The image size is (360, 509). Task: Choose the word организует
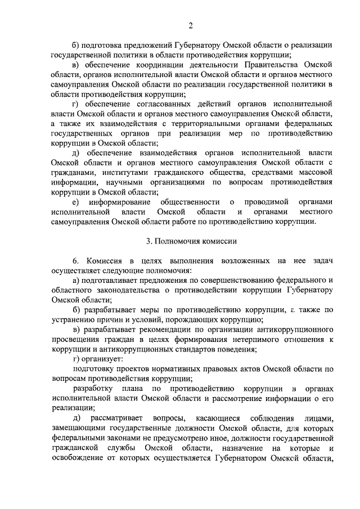click(102, 358)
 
